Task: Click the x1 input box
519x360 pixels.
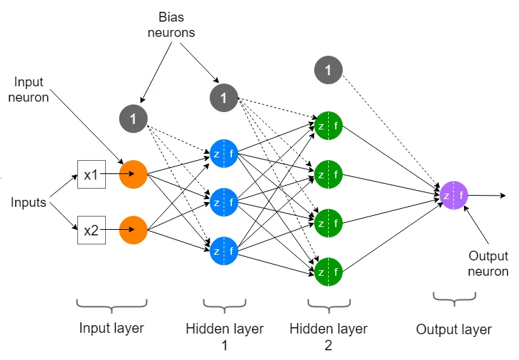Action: coord(91,174)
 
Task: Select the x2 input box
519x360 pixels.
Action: coord(91,230)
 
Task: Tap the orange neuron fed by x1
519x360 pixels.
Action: coord(133,174)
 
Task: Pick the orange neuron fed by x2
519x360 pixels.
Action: coord(133,230)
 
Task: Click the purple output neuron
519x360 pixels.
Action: coord(454,195)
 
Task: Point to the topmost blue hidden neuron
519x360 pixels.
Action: coord(224,153)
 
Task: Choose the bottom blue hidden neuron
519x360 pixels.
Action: coord(224,251)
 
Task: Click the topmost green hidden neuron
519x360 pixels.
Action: coord(328,126)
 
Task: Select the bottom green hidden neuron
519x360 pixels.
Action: coord(328,272)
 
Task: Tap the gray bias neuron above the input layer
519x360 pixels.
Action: coord(133,119)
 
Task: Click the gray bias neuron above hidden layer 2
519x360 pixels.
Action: coord(328,70)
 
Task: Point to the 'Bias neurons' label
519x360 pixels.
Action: coord(171,25)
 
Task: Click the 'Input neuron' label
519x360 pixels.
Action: coord(29,89)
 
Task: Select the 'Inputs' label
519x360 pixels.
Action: coord(29,202)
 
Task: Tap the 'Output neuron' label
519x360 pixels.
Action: coord(488,263)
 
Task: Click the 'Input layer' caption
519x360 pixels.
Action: coord(111,328)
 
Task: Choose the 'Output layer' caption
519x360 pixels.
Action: coord(454,329)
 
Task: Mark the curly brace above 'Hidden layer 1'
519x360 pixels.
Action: coord(225,306)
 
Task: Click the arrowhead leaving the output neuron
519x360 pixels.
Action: coord(504,196)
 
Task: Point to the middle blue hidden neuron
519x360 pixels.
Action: coord(224,202)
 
